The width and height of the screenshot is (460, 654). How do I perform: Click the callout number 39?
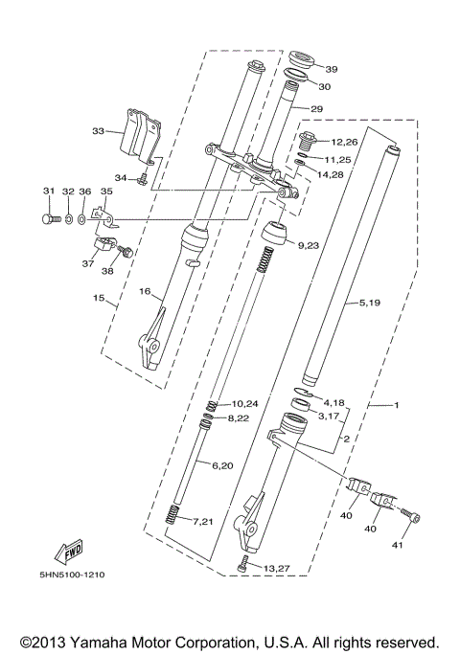click(331, 69)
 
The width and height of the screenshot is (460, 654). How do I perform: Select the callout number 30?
click(324, 86)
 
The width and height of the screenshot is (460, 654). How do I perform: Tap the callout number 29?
click(316, 109)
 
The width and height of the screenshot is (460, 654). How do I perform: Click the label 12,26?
click(344, 143)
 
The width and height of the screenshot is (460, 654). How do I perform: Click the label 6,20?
click(220, 464)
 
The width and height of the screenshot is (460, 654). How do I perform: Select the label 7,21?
click(203, 522)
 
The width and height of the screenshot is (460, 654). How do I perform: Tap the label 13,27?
click(277, 568)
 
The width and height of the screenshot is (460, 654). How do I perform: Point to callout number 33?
click(98, 130)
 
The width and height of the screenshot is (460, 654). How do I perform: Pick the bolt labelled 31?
click(50, 219)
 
